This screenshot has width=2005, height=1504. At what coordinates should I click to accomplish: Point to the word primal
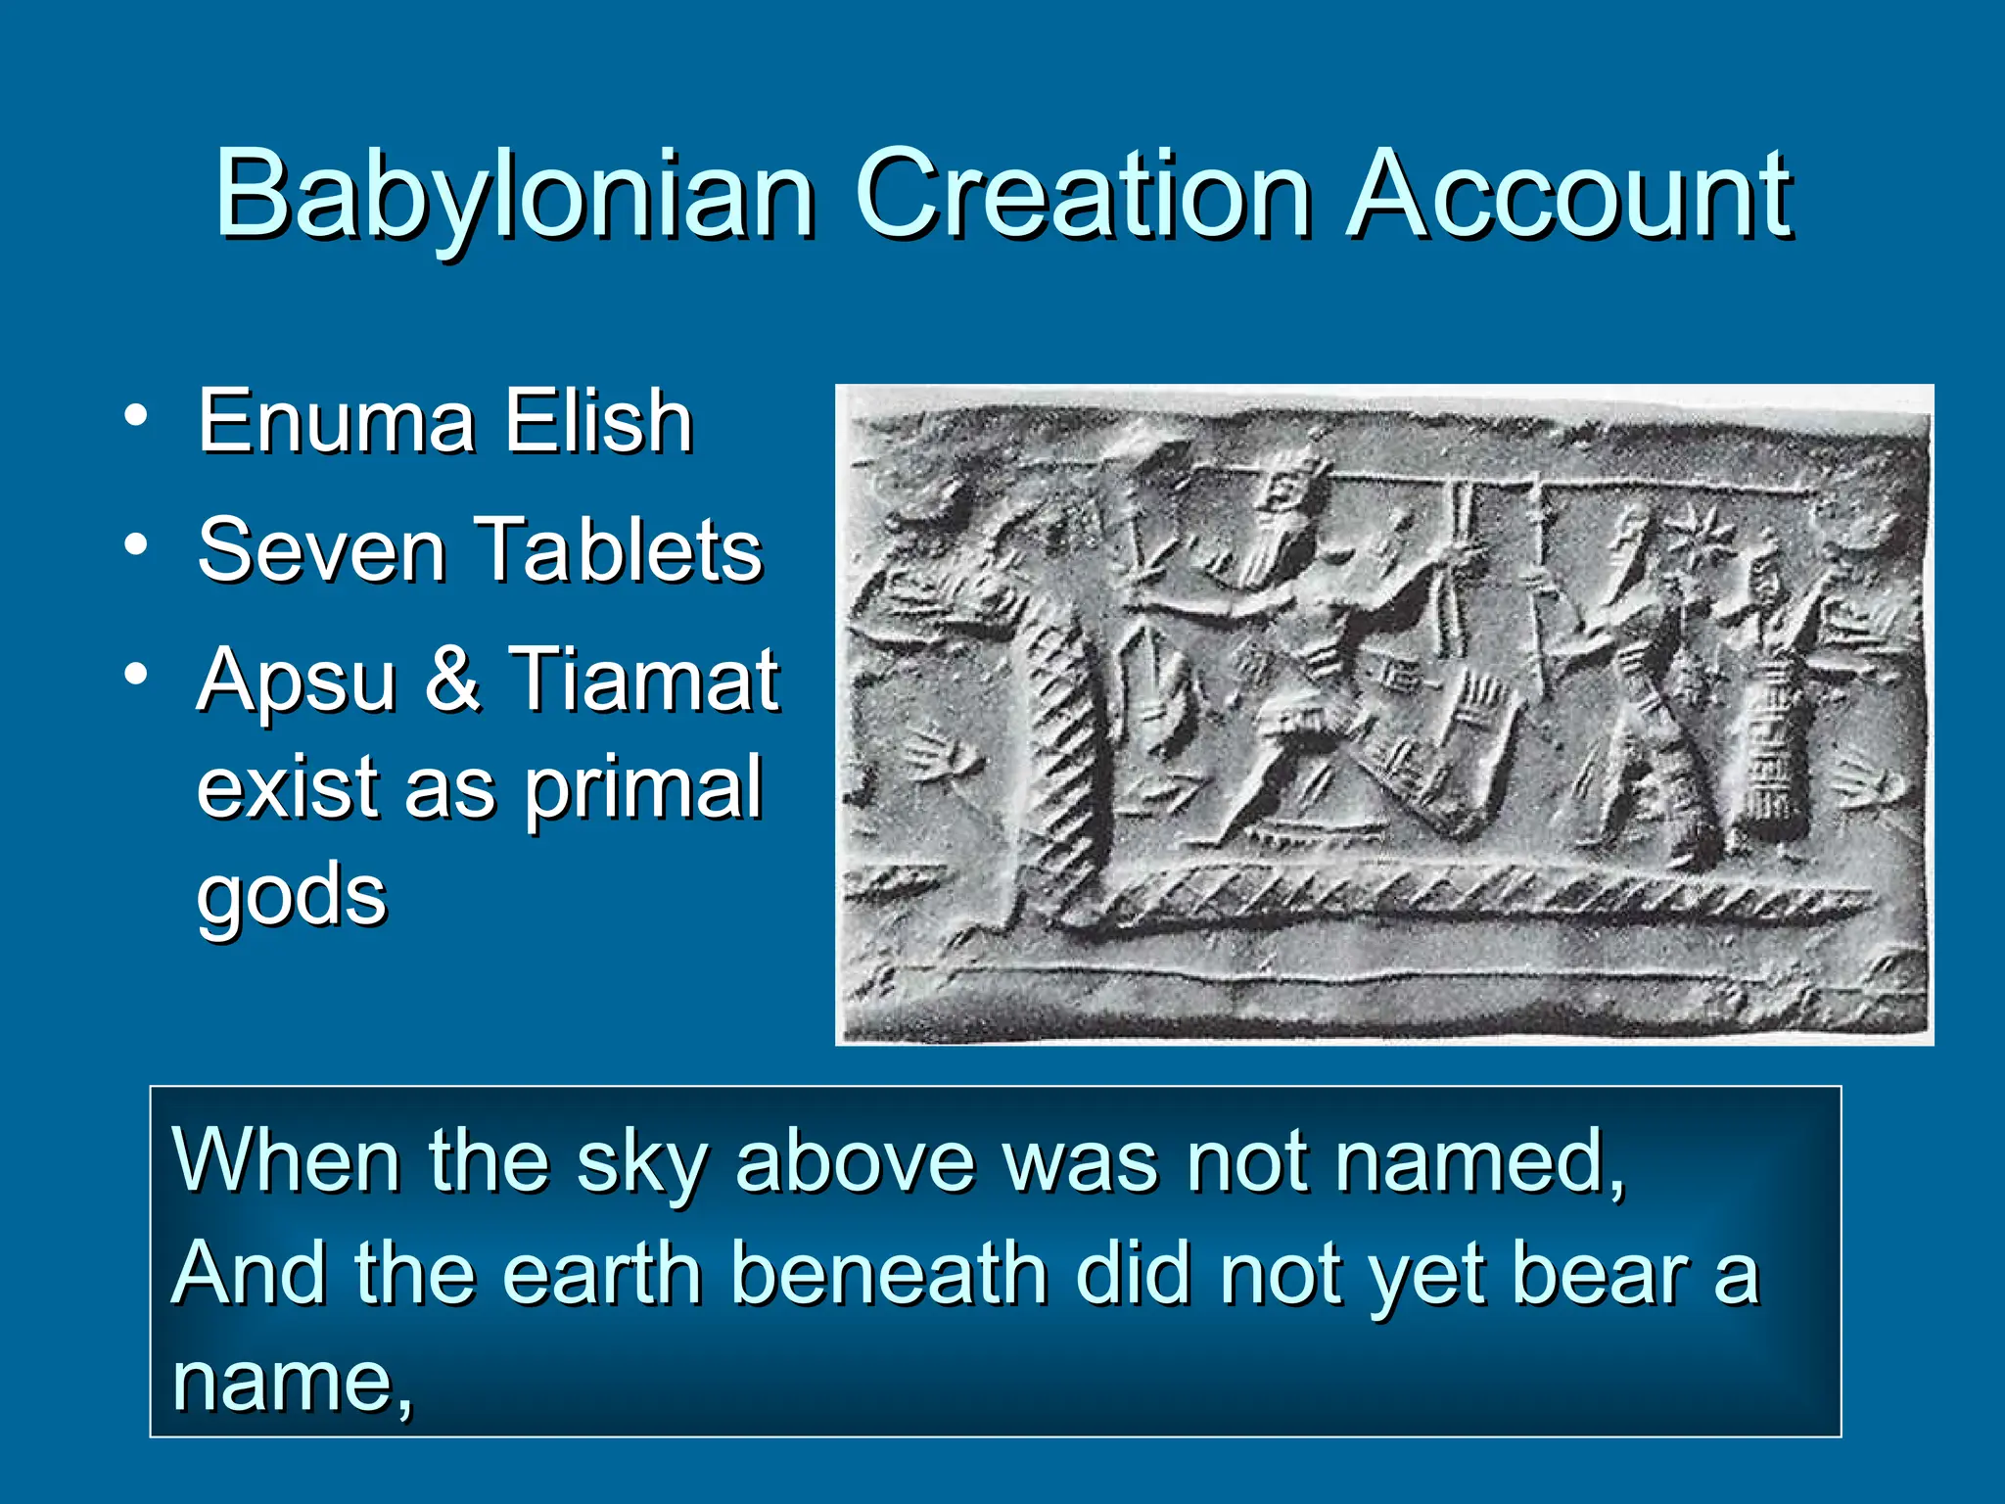(x=642, y=788)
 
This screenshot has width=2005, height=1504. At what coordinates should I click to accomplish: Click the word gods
(x=292, y=896)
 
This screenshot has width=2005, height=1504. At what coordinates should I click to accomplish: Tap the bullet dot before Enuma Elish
(x=136, y=416)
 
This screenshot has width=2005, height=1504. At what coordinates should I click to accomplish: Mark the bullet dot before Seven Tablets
(x=136, y=544)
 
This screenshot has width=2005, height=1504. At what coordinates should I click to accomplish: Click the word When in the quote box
(x=285, y=1161)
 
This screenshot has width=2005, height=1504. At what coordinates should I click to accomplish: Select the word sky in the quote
(x=642, y=1163)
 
